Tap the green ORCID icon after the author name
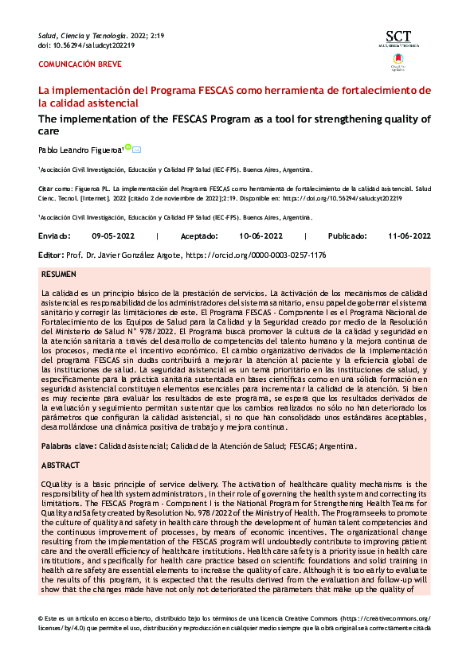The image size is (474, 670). pyautogui.click(x=128, y=147)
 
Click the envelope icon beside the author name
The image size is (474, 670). pyautogui.click(x=137, y=149)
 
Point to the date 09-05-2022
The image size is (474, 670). pyautogui.click(x=113, y=236)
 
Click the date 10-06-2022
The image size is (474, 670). pyautogui.click(x=261, y=236)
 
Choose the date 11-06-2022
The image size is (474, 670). pyautogui.click(x=409, y=236)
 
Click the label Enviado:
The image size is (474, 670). pyautogui.click(x=54, y=236)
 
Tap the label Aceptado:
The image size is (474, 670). pyautogui.click(x=199, y=236)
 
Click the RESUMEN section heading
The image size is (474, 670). pyautogui.click(x=59, y=274)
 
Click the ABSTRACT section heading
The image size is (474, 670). pyautogui.click(x=61, y=465)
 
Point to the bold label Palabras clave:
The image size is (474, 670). pyautogui.click(x=69, y=447)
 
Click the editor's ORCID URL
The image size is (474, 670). pyautogui.click(x=256, y=255)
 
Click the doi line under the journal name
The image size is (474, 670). pyautogui.click(x=86, y=45)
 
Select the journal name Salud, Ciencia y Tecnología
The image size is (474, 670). pyautogui.click(x=83, y=36)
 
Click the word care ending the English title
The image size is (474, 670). pyautogui.click(x=49, y=131)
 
